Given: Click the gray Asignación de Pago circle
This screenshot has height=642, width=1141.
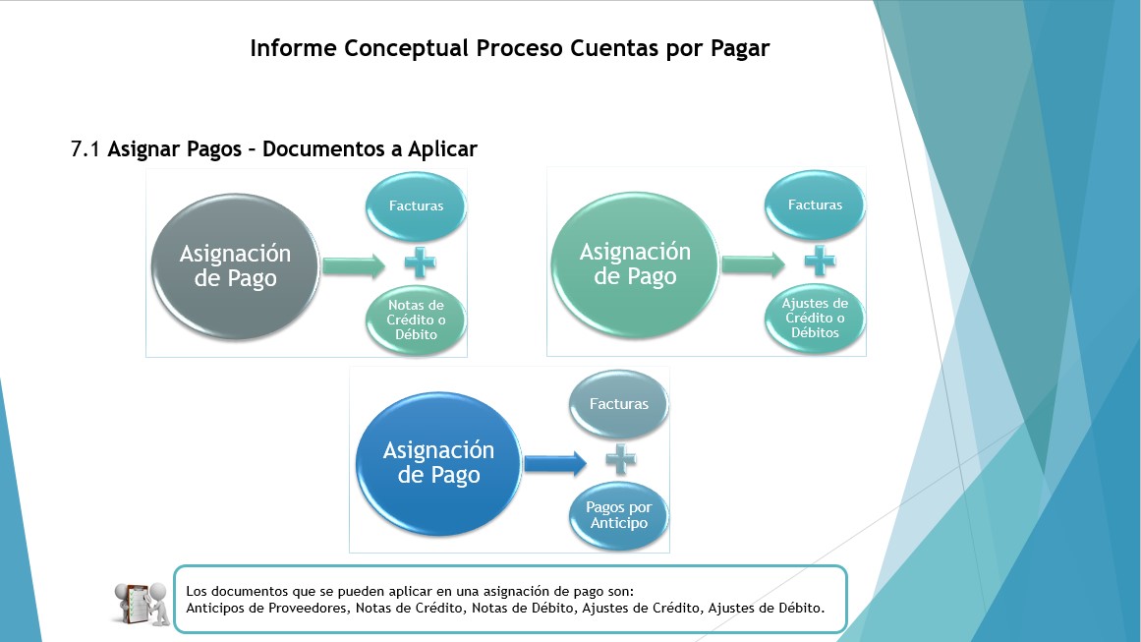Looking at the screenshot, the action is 235,266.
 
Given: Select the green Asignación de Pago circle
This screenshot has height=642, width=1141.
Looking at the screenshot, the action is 635,264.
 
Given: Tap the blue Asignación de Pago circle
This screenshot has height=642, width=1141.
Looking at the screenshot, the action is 438,464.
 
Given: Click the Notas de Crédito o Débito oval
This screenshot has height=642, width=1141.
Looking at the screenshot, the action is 416,321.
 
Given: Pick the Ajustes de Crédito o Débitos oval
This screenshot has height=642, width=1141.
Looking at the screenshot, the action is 815,319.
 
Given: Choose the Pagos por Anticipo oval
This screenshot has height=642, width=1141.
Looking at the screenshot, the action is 618,515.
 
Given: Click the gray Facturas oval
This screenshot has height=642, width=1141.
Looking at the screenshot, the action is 618,404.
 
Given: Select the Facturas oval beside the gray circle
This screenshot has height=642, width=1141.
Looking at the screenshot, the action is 416,206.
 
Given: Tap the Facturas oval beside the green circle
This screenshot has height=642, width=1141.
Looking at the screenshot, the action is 815,205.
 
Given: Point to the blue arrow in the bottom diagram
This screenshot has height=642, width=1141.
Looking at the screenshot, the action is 555,463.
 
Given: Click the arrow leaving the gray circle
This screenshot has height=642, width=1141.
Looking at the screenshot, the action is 354,265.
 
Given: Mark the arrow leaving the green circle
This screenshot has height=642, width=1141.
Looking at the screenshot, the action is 753,264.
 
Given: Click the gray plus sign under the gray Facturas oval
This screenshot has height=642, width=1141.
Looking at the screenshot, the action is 621,459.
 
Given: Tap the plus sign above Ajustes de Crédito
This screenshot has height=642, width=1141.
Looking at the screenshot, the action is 820,261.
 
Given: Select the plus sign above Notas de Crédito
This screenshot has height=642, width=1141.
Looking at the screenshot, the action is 420,263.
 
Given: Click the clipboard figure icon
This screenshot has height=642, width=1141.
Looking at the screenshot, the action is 142,604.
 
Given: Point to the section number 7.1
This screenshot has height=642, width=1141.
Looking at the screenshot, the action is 86,149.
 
